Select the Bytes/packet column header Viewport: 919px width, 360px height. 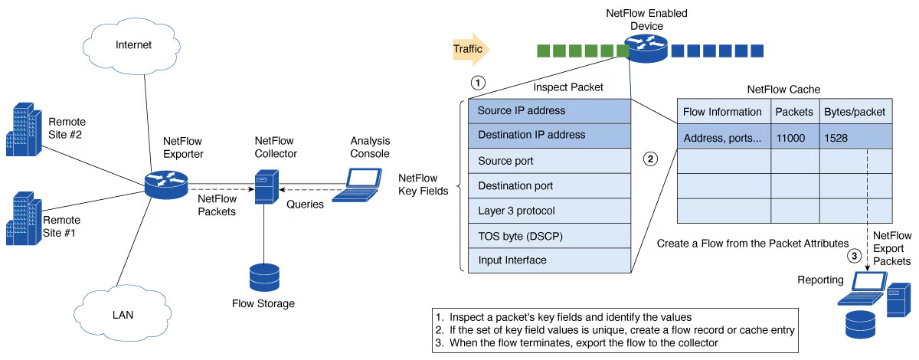855,112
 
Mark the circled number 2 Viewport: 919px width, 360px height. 650,159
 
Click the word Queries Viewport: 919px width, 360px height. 306,205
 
